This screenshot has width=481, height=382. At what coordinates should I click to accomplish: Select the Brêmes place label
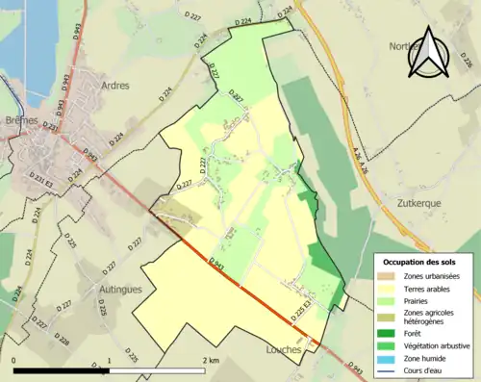coord(21,121)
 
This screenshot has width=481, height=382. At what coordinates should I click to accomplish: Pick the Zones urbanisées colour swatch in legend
coord(385,276)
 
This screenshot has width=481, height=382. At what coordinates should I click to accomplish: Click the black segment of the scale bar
coord(62,370)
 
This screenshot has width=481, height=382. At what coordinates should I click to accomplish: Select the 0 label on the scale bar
coord(14,360)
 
